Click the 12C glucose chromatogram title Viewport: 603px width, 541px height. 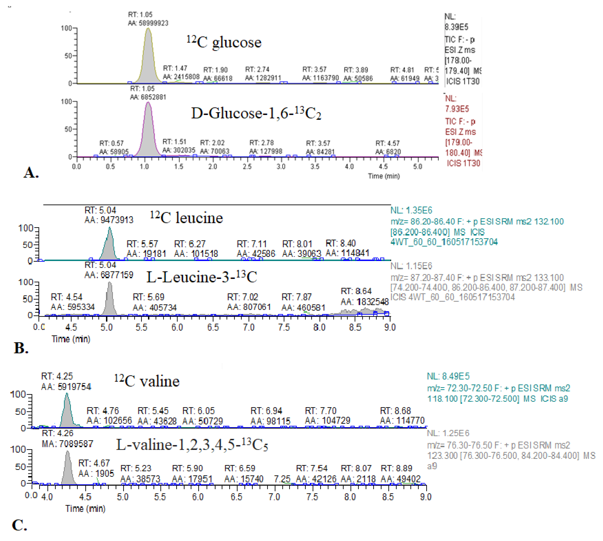pyautogui.click(x=224, y=42)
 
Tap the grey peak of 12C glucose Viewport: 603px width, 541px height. pyautogui.click(x=148, y=65)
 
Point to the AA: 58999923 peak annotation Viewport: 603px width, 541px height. pyautogui.click(x=148, y=23)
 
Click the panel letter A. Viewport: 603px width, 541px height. pyautogui.click(x=31, y=172)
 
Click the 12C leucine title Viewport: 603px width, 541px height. pyautogui.click(x=186, y=218)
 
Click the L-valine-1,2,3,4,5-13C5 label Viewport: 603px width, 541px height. pyautogui.click(x=192, y=445)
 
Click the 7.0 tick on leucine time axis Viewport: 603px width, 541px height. pyautogui.click(x=248, y=328)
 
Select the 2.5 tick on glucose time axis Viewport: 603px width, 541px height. pyautogui.click(x=247, y=166)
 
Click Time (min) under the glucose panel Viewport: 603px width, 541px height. pyautogui.click(x=384, y=176)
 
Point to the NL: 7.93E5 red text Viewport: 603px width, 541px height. pyautogui.click(x=457, y=104)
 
